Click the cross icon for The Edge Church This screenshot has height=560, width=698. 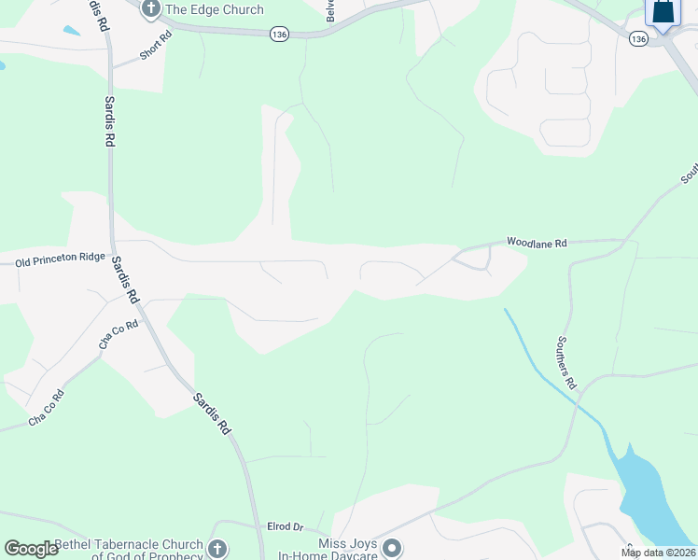(x=151, y=9)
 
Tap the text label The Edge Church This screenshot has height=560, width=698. (x=214, y=10)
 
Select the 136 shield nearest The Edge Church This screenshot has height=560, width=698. (x=278, y=34)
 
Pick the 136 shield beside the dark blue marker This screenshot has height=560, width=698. (x=638, y=39)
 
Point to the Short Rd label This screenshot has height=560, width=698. (x=156, y=47)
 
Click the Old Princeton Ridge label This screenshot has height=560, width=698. (x=61, y=262)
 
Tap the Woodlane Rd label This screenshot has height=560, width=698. (x=537, y=243)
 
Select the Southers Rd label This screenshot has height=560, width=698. (x=567, y=363)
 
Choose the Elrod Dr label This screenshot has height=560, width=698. (x=286, y=527)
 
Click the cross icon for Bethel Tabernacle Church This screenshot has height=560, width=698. (x=216, y=549)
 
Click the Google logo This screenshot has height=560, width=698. (x=31, y=549)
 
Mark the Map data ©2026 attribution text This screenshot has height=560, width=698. (x=658, y=553)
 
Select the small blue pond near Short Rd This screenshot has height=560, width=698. (x=71, y=30)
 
